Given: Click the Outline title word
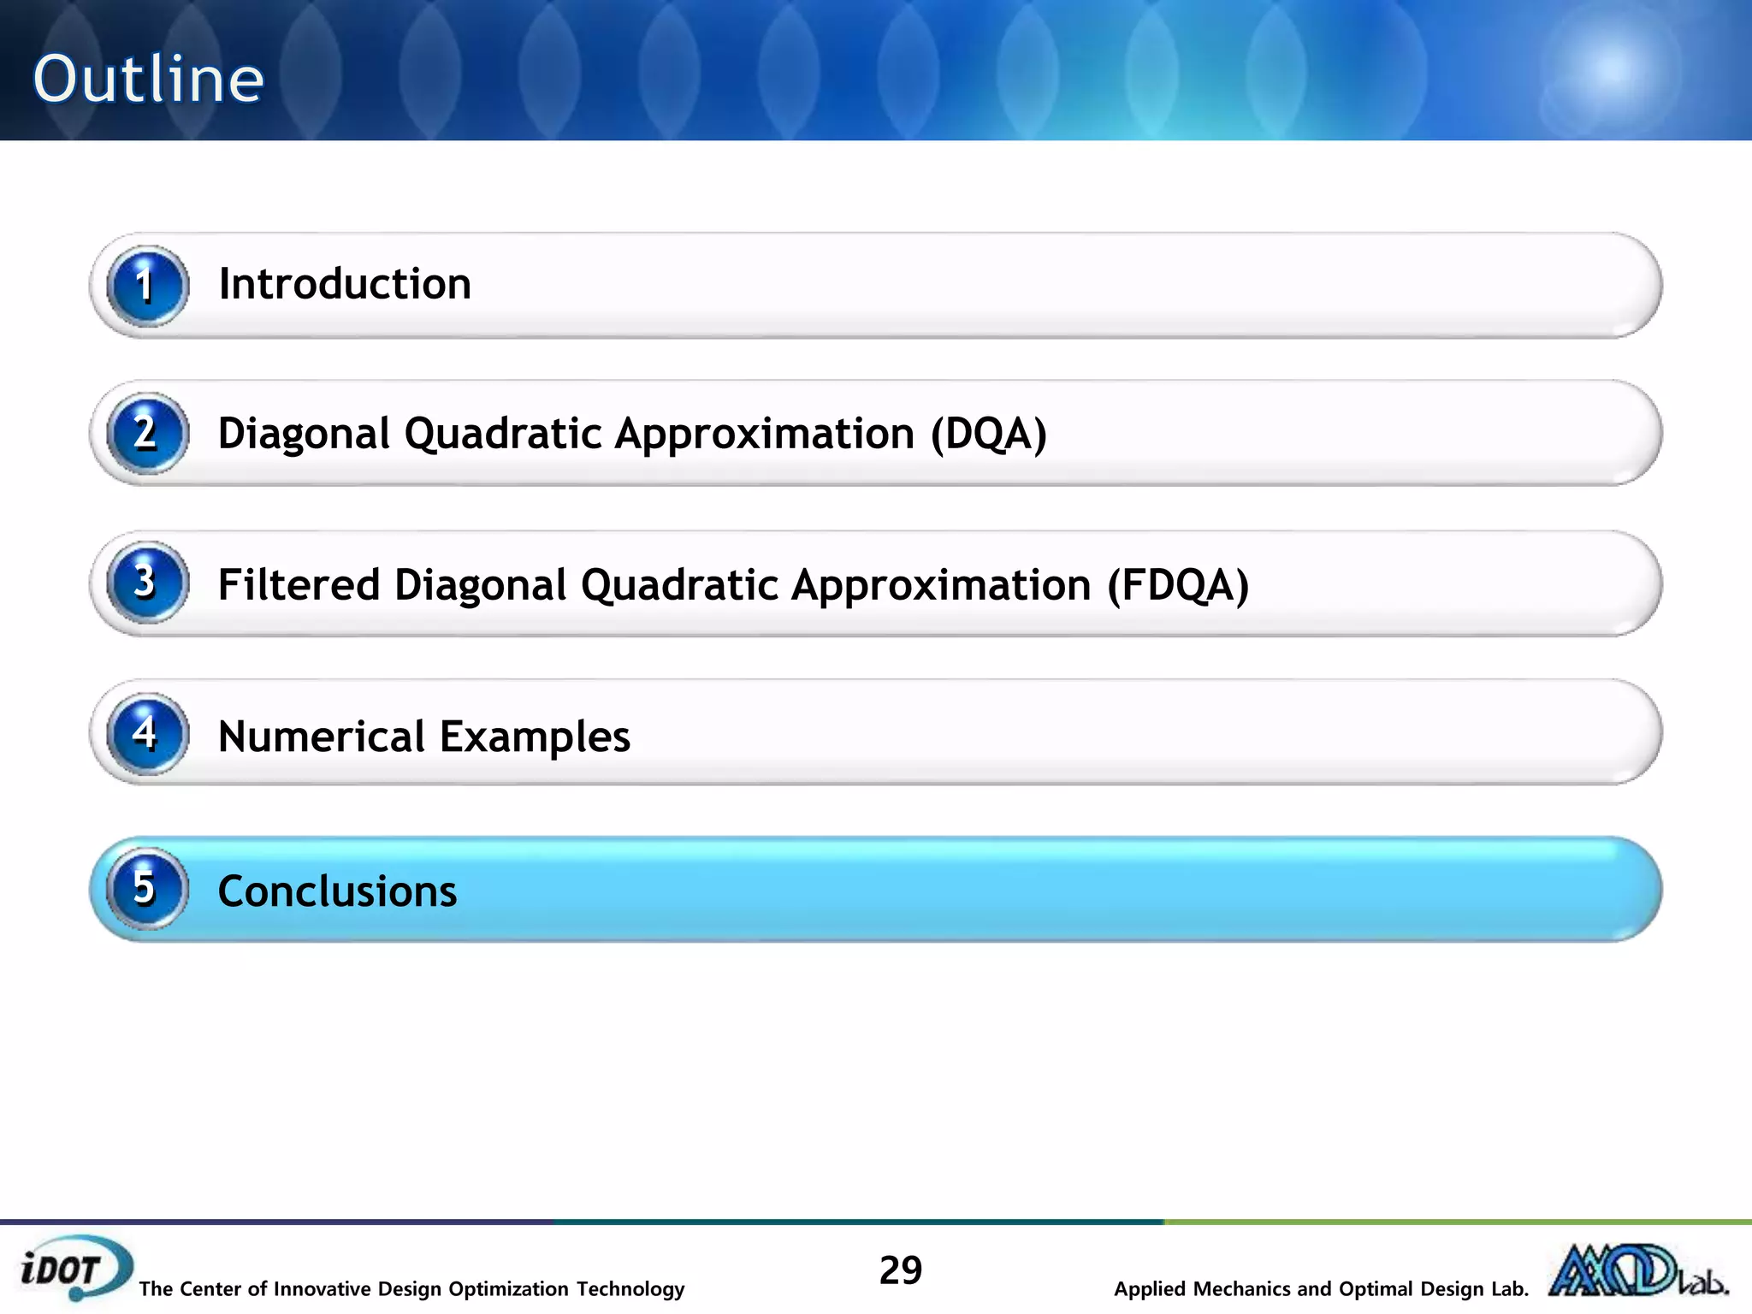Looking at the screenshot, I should click(x=148, y=79).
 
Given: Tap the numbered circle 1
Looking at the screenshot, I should click(x=147, y=286).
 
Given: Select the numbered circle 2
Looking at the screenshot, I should click(x=147, y=434).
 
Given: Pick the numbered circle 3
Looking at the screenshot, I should click(x=147, y=583).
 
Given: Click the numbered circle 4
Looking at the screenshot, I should click(x=147, y=734).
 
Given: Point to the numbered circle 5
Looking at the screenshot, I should click(x=147, y=889).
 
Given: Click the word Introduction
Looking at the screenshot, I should click(x=345, y=284).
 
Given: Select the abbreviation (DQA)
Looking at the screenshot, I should click(x=988, y=434).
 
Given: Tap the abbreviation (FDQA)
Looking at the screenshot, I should click(x=1178, y=585).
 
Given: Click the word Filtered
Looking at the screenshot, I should click(x=299, y=585).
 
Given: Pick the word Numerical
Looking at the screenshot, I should click(x=322, y=737).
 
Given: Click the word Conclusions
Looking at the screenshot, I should click(x=337, y=891).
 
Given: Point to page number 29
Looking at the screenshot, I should click(x=900, y=1270).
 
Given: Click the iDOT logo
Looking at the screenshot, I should click(x=75, y=1269).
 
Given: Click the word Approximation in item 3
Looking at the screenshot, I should click(x=942, y=585).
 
